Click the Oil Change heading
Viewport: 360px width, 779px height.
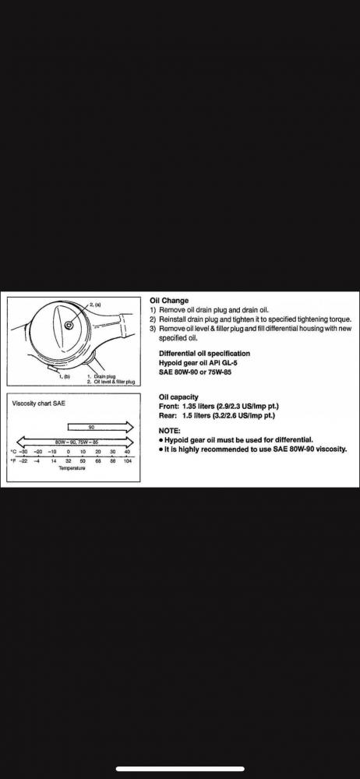(169, 301)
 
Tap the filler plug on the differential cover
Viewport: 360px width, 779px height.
(69, 324)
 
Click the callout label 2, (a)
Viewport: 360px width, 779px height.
(95, 304)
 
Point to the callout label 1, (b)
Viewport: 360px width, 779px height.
(65, 377)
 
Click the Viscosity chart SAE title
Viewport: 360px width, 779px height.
(38, 404)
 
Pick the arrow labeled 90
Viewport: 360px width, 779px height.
(101, 427)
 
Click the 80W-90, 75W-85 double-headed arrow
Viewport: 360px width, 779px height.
(75, 441)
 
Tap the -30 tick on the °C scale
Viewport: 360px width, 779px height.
(23, 452)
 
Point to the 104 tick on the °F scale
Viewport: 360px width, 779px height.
(128, 460)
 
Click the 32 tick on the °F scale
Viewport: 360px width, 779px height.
(68, 460)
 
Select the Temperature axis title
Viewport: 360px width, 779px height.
(72, 468)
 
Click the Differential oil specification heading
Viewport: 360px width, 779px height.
(204, 354)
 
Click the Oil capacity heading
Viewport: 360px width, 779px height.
(178, 397)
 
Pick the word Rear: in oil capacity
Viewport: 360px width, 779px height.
(168, 415)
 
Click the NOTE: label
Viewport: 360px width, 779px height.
(170, 431)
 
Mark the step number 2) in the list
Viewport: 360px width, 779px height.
(154, 319)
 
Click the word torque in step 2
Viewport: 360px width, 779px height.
(341, 319)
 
